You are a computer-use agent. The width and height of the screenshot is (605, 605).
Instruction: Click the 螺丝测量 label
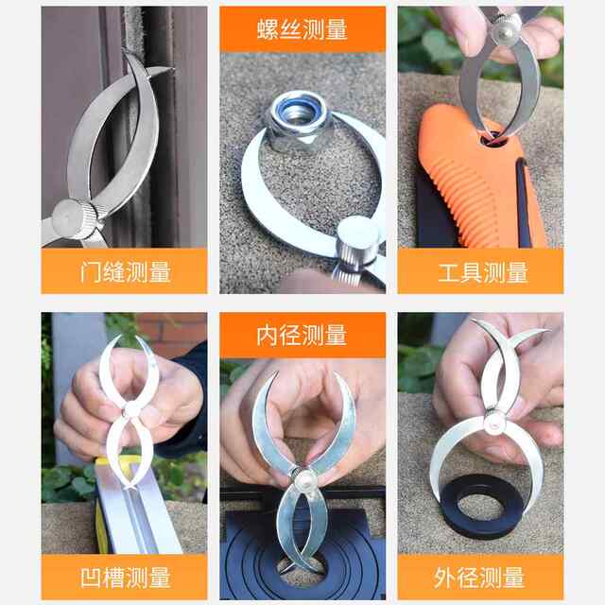tap(302, 29)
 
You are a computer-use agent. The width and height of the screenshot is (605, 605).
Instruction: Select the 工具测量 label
tap(481, 273)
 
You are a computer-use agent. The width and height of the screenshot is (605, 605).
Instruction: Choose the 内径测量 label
tap(302, 335)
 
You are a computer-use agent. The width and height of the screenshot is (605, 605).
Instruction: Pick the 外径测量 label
tap(481, 577)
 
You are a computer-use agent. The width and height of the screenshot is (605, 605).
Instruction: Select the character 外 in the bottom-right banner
tap(447, 577)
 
